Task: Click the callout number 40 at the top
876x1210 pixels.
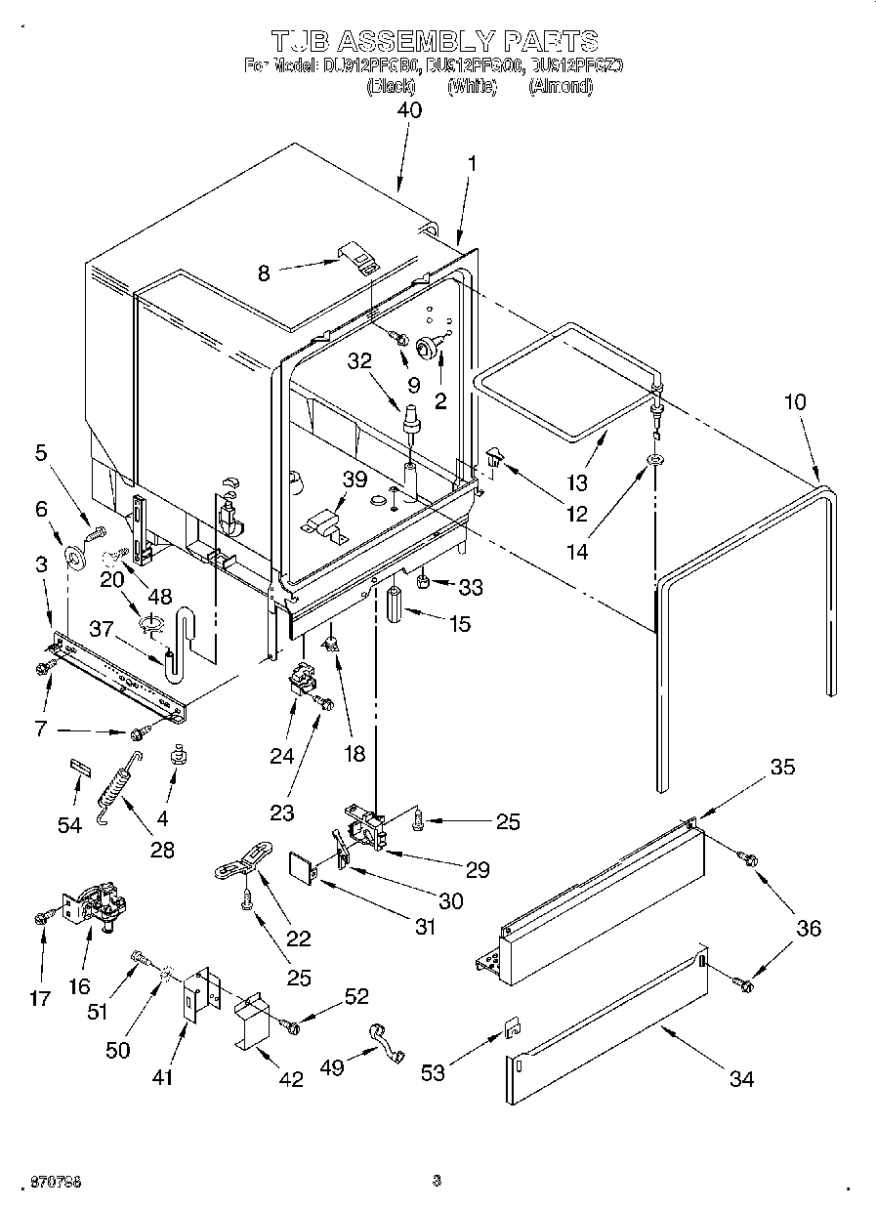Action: coord(409,110)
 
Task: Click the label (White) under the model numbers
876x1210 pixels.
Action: coord(473,86)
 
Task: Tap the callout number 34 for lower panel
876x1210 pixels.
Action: coord(742,1079)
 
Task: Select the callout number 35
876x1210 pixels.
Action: coord(782,768)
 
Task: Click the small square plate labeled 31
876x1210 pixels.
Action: coord(304,865)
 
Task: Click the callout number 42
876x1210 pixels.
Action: coord(291,1079)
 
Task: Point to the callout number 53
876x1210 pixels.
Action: coord(433,1072)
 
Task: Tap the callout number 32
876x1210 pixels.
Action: coord(360,359)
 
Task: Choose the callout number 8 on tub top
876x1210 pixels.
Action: coord(263,274)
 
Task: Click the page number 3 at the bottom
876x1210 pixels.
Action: coord(437,1181)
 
